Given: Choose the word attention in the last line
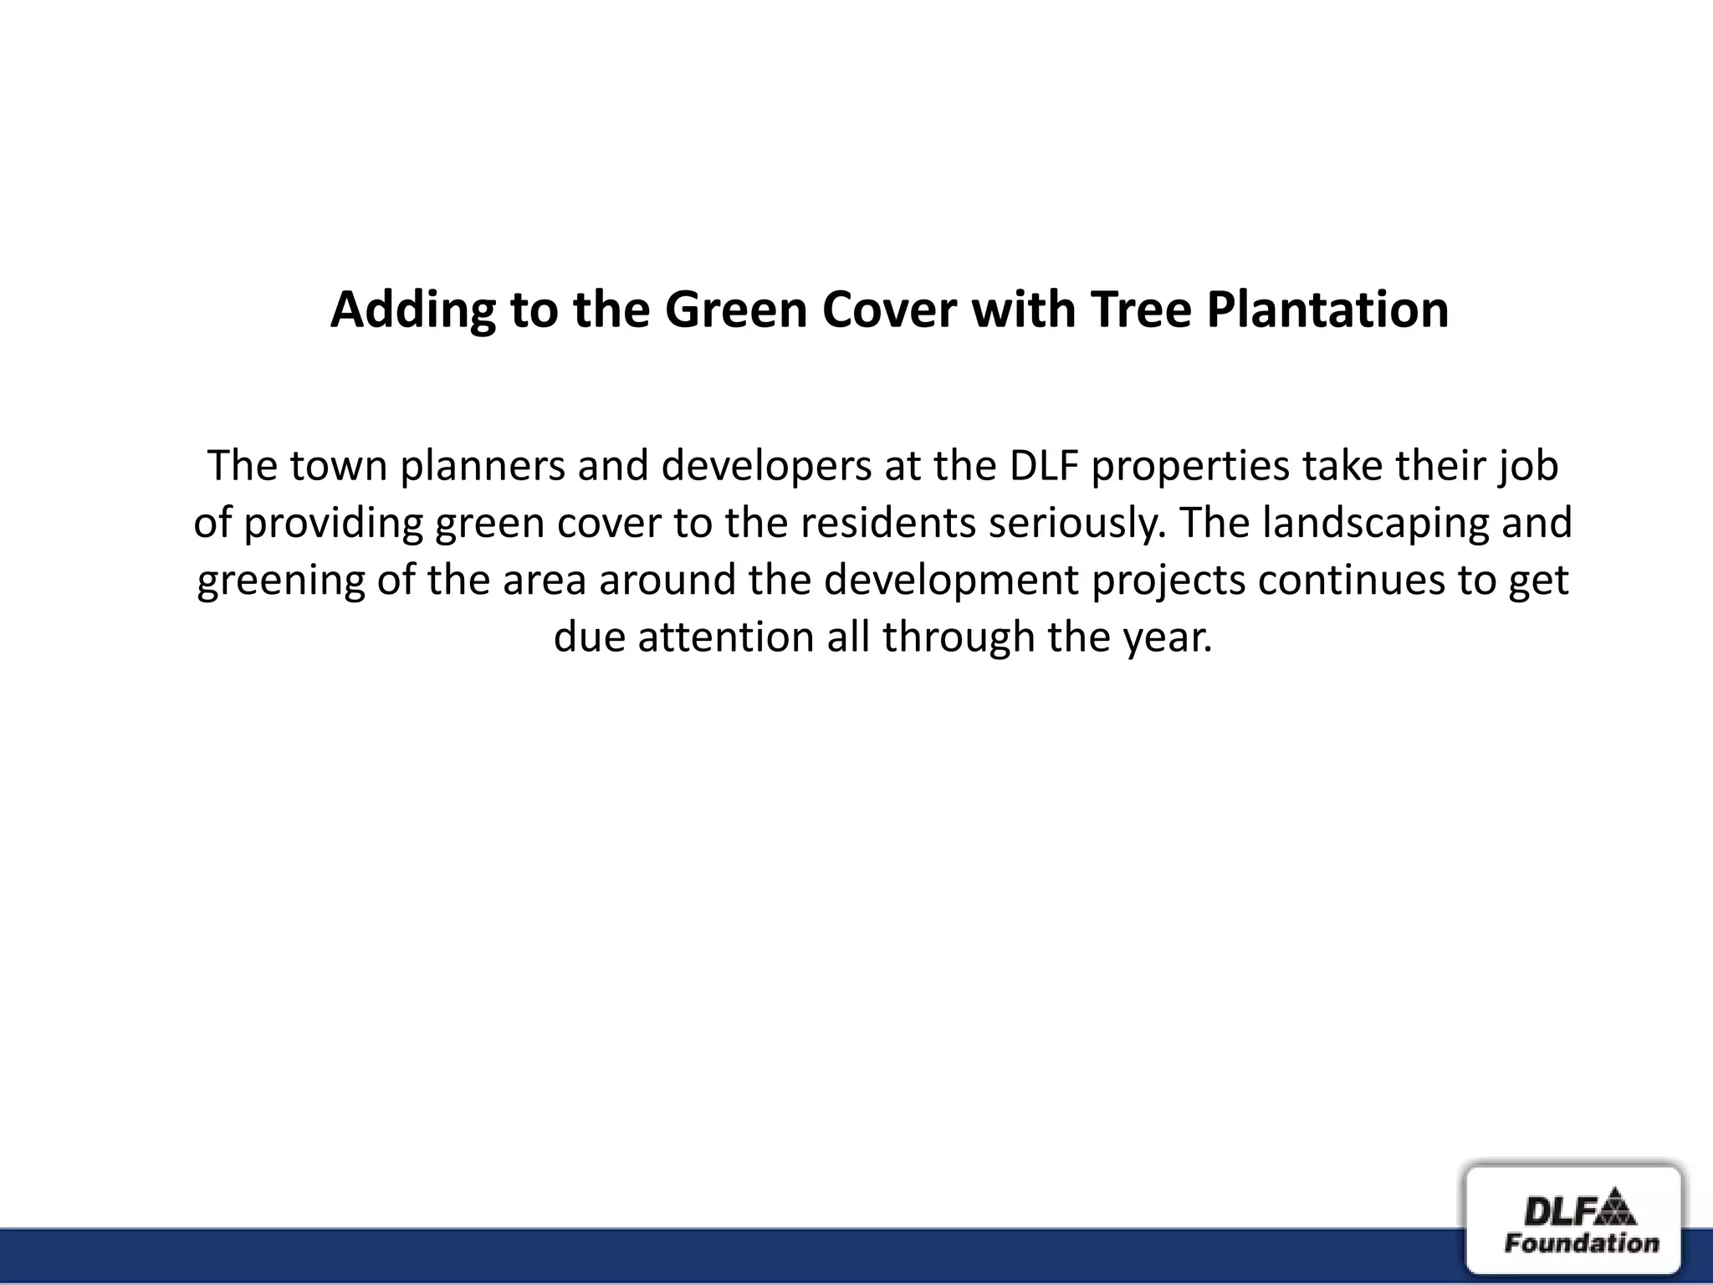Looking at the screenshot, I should [x=726, y=637].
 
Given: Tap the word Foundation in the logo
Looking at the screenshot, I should [x=1581, y=1243].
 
